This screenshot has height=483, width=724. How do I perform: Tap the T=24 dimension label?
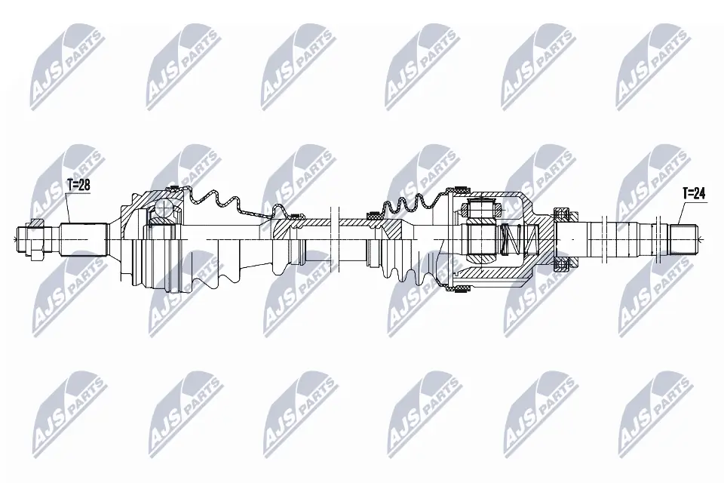click(693, 194)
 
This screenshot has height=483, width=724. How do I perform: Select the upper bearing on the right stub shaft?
click(561, 214)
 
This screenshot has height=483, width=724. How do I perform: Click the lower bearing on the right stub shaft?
click(561, 263)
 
